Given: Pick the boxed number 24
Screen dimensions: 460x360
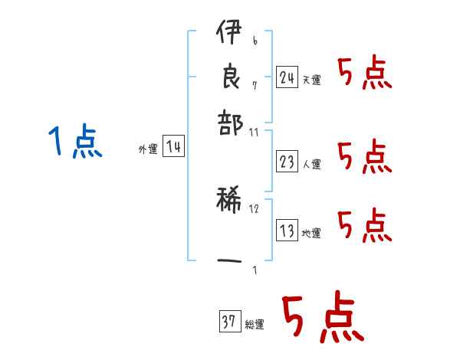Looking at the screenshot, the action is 287,77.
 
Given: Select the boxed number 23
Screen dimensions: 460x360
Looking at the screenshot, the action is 287,161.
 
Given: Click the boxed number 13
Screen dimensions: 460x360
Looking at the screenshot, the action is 287,231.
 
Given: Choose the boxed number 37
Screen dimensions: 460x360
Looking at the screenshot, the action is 229,322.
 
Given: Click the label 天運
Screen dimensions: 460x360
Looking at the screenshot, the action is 311,80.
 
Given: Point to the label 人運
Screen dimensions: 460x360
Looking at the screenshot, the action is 311,164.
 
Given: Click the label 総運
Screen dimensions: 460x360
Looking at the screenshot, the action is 254,325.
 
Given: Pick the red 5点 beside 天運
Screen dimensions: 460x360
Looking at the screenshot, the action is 365,74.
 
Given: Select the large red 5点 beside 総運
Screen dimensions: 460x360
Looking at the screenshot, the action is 322,318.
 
